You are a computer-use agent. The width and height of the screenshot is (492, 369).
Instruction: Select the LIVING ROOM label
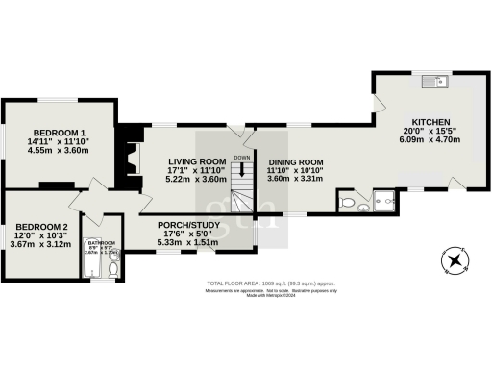pos(197,160)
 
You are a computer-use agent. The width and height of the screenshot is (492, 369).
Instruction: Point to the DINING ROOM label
pos(296,161)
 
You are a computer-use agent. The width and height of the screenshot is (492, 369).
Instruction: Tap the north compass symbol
pos(454,259)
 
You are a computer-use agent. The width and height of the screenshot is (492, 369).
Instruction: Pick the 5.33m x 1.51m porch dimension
pos(190,242)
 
